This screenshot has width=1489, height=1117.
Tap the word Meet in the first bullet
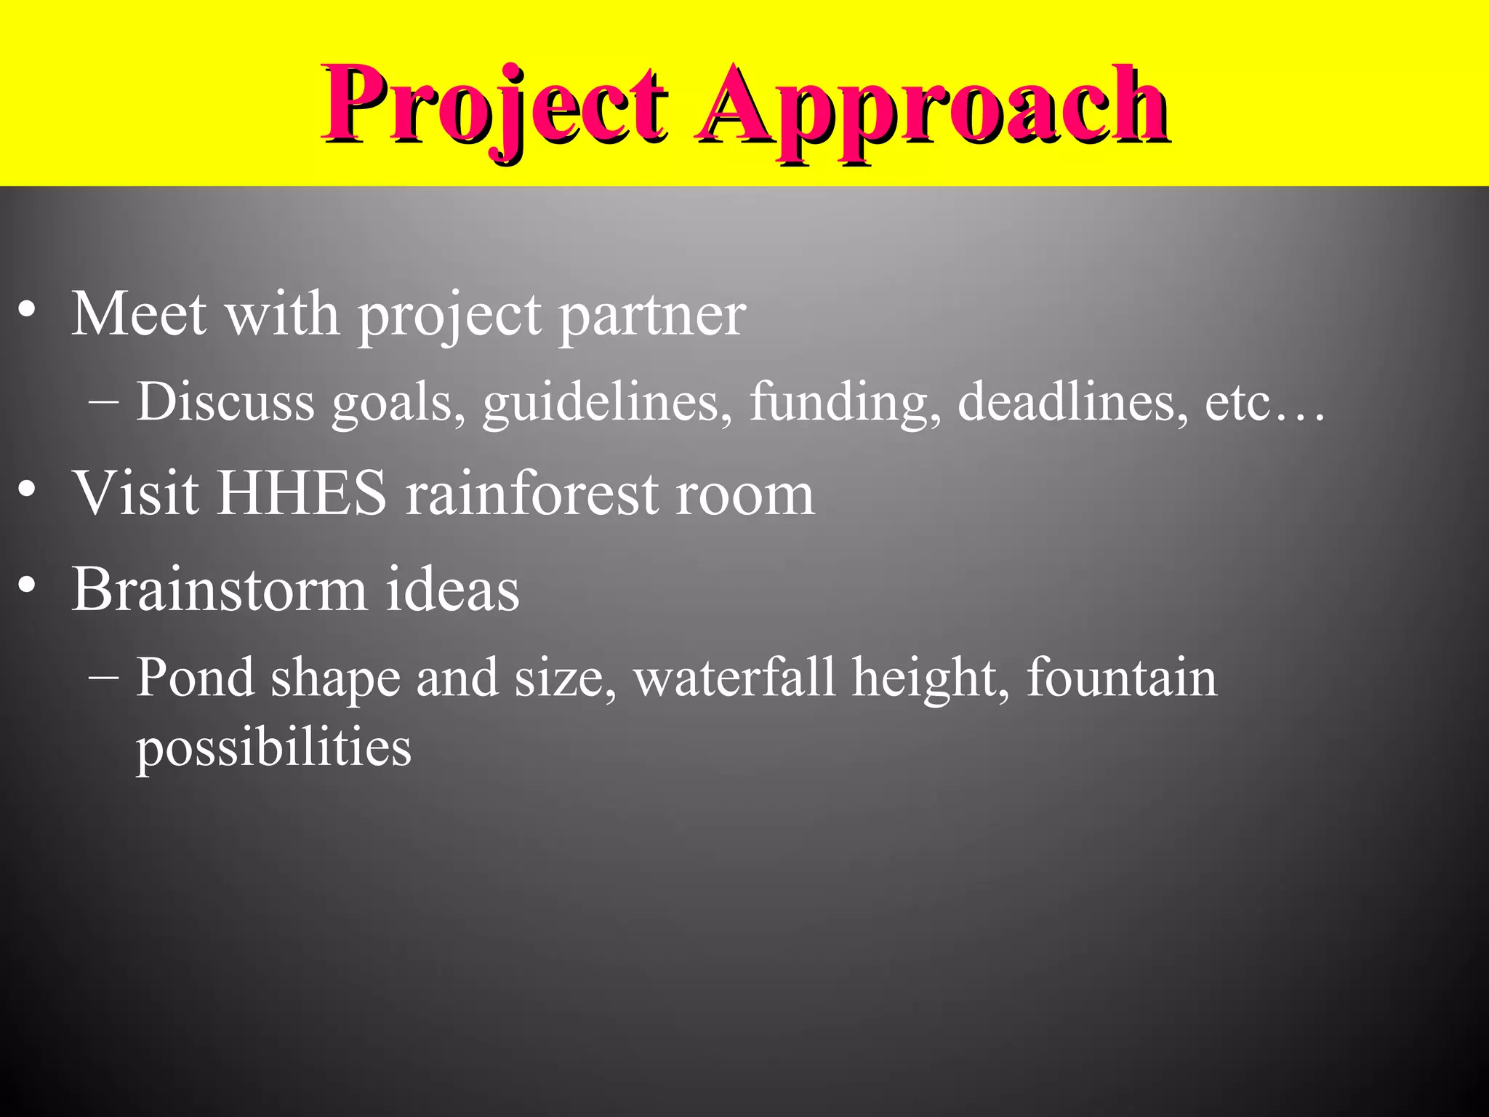(x=139, y=314)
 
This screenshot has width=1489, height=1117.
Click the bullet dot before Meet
(x=27, y=311)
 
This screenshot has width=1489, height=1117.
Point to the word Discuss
(x=225, y=402)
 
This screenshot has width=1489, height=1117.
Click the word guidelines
(x=608, y=404)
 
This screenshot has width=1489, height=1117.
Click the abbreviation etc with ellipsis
(x=1265, y=404)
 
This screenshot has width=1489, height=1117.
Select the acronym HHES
(x=302, y=494)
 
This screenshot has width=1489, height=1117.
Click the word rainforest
(x=531, y=494)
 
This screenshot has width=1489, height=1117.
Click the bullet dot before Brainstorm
(x=27, y=585)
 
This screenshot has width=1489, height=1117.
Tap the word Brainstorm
(x=219, y=589)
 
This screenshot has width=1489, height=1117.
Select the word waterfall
(x=734, y=678)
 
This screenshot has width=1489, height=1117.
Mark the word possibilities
(x=273, y=749)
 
